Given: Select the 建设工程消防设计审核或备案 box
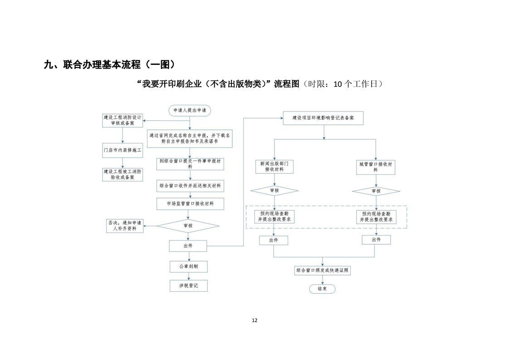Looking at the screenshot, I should tap(122, 120).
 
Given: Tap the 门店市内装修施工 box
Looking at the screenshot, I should tap(122, 149).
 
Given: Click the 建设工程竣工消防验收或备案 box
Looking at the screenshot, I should tap(122, 175).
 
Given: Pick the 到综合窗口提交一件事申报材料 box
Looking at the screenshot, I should tap(190, 163).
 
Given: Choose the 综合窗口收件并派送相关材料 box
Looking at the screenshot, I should tap(190, 186).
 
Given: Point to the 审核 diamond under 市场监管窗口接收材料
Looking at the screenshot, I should tap(188, 226).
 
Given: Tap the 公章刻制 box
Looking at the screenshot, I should tap(189, 266).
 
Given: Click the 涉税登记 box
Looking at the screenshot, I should tap(189, 286).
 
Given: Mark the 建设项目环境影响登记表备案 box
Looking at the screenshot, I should tap(323, 118).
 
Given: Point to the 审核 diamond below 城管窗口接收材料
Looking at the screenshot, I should tap(376, 191).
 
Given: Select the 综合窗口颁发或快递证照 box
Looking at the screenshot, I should tap(323, 271).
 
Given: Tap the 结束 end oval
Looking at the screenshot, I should tap(322, 289).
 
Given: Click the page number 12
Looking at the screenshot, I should tap(254, 320).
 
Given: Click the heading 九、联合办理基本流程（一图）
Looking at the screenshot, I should tap(109, 64).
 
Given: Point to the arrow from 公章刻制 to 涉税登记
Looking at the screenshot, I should tap(189, 276).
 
